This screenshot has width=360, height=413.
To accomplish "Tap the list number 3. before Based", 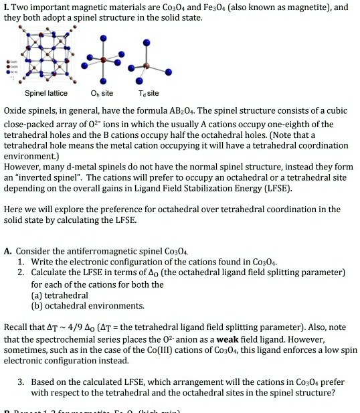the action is pyautogui.click(x=21, y=382).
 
